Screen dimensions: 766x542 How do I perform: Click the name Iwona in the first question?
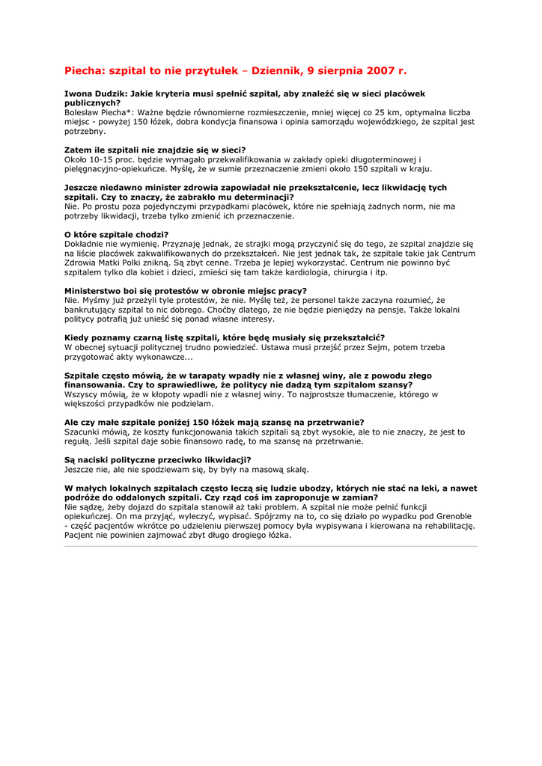click(x=79, y=94)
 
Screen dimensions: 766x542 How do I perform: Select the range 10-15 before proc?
click(x=103, y=159)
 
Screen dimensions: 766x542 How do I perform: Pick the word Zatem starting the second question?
click(x=78, y=150)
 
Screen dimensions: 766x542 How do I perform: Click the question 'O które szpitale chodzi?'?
click(x=116, y=235)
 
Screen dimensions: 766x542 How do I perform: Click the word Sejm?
click(x=368, y=347)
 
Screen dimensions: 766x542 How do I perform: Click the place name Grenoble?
click(x=449, y=516)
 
